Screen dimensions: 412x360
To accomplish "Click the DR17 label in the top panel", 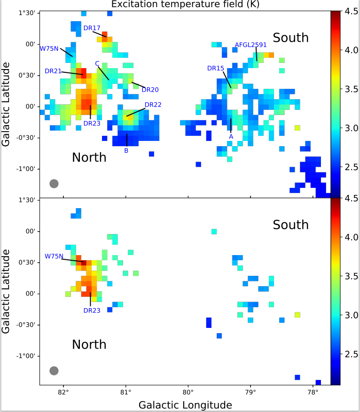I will pos(92,28).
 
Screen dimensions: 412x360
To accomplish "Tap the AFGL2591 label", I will pos(251,45).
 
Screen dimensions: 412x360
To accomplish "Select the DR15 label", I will pos(216,68).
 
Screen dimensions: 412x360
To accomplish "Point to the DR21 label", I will pos(53,71).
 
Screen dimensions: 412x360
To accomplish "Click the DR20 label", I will pos(150,89).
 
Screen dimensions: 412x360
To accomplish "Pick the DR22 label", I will pos(153,104).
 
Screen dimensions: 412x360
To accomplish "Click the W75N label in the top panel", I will pos(49,48).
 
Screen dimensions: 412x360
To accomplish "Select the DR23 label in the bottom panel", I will pos(92,310).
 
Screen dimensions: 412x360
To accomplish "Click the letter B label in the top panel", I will pos(126,151).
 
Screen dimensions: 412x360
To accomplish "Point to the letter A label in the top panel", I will pos(231,136).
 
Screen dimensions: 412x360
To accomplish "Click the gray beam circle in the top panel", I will pos(54,183).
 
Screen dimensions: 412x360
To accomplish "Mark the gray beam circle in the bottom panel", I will pos(54,371).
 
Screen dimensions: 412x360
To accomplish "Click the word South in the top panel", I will pos(291,38).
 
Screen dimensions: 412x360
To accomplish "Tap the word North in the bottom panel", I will pos(89,344).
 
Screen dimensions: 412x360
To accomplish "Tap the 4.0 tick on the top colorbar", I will pos(351,50).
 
